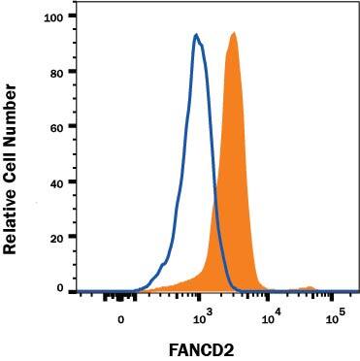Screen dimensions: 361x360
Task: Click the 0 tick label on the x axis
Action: coord(120,316)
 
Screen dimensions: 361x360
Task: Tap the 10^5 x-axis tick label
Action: coord(335,315)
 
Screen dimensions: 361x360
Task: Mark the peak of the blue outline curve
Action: coord(197,35)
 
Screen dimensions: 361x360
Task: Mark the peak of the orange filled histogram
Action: coord(234,33)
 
